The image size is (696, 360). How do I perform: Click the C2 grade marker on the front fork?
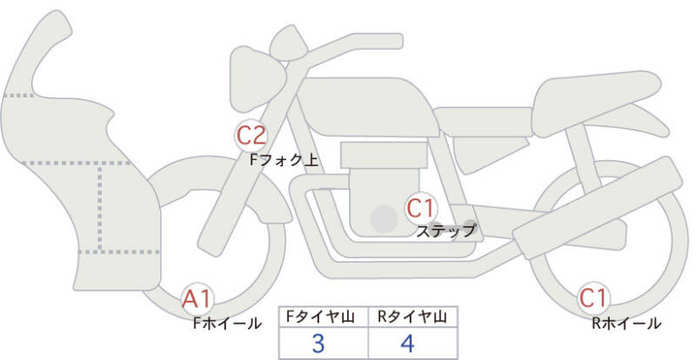(x=251, y=136)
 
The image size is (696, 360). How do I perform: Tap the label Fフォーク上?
(x=284, y=160)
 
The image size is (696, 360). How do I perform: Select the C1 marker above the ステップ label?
(x=420, y=208)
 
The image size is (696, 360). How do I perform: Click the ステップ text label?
(x=445, y=230)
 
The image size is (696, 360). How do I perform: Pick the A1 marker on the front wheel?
(x=197, y=299)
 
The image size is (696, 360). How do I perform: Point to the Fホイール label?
(x=227, y=323)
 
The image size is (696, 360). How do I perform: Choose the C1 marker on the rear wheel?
(x=593, y=298)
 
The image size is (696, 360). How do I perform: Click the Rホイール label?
(x=626, y=323)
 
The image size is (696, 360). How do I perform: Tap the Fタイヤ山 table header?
(x=320, y=317)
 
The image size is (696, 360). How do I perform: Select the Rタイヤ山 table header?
(x=412, y=317)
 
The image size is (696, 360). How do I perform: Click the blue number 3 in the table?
(x=318, y=343)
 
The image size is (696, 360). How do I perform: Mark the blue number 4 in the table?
(x=407, y=343)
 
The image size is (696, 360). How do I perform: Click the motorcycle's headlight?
(x=257, y=78)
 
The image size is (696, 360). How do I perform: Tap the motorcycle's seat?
(x=595, y=102)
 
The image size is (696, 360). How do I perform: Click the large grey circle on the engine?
(x=384, y=218)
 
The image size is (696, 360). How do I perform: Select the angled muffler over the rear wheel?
(x=597, y=210)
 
